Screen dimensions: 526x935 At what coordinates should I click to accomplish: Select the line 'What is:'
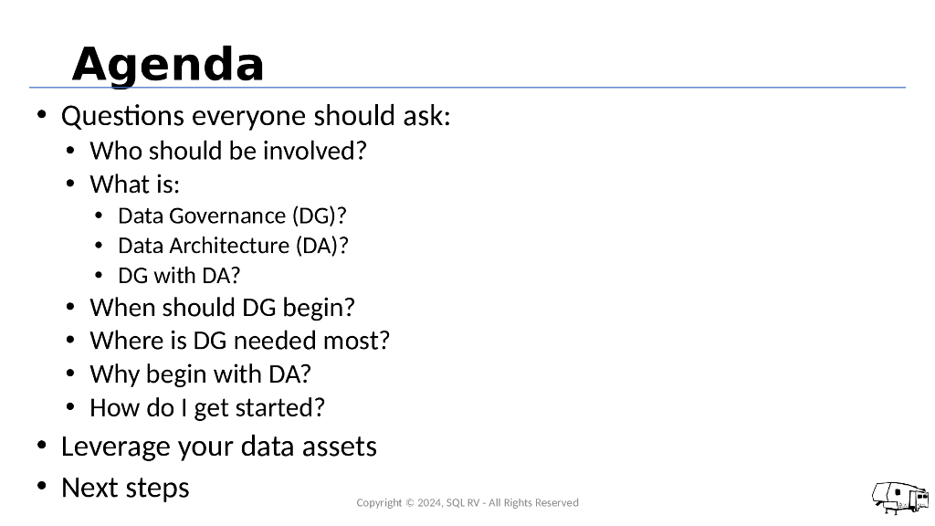click(x=134, y=184)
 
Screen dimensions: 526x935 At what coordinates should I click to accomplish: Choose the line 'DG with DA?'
click(x=179, y=275)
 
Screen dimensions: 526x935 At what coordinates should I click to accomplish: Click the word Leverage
click(x=114, y=447)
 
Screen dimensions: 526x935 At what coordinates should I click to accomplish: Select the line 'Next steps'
click(x=125, y=488)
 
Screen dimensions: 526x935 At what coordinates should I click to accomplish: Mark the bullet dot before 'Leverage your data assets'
click(x=42, y=446)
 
